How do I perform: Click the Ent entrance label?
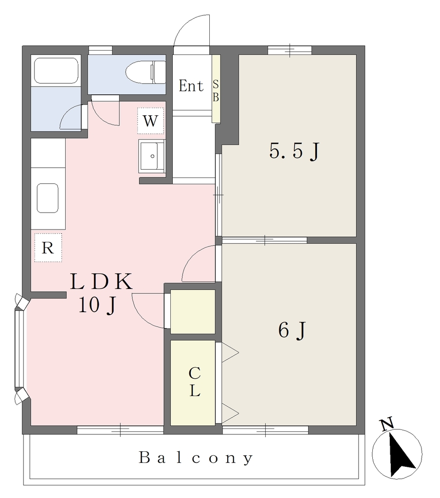(x=191, y=86)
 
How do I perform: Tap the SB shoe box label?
(x=216, y=91)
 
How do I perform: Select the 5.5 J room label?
(x=294, y=151)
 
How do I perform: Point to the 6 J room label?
(x=292, y=330)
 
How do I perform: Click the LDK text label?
(x=101, y=282)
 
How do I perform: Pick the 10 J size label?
(x=97, y=305)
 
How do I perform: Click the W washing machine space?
(x=150, y=121)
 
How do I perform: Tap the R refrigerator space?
(x=48, y=248)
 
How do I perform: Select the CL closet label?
(x=194, y=382)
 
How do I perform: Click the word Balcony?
(x=196, y=458)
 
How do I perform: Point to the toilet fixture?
(x=146, y=72)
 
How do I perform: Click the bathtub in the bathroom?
(x=56, y=71)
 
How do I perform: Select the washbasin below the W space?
(x=152, y=156)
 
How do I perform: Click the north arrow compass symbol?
(x=397, y=454)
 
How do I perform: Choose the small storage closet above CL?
(x=193, y=312)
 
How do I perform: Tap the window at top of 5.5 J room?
(x=290, y=50)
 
